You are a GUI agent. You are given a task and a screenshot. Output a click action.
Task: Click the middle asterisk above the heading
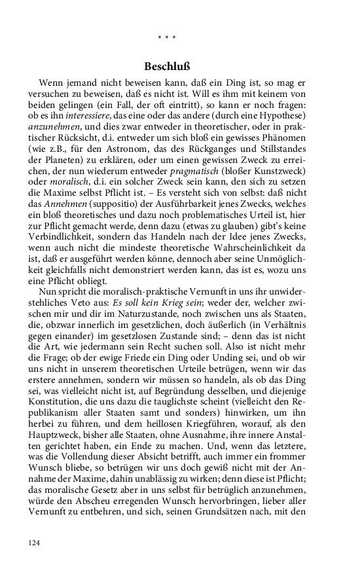pyautogui.click(x=167, y=37)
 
